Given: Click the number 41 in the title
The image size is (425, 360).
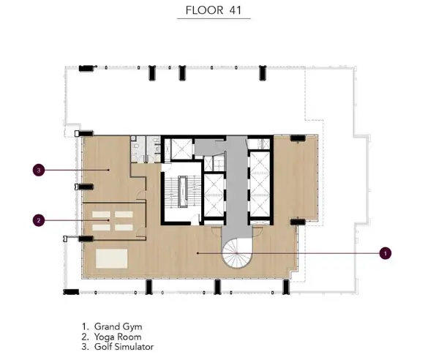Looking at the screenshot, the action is point(236,10).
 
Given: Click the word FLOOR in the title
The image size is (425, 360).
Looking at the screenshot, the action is point(204,10).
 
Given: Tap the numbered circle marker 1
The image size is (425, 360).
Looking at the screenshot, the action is point(385,253).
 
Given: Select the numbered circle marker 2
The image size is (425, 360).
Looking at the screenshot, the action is point(39,220).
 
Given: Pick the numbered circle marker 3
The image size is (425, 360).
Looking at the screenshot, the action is point(39,170).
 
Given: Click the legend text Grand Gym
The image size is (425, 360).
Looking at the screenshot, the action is point(119,327).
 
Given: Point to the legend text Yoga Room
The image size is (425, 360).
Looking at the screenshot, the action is point(118,337).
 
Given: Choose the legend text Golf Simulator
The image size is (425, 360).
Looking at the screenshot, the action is point(124,347).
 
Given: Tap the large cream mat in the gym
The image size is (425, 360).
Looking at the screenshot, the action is point(111,258).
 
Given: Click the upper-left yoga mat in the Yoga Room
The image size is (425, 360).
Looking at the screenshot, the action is point(101,214).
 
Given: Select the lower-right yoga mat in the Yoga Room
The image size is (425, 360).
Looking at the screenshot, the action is point(124,228).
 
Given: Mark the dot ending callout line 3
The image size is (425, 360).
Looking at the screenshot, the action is point(108,170).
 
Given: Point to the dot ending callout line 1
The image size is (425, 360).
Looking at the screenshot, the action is point(198,253).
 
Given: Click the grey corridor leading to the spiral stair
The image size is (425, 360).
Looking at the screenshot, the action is point(237,187).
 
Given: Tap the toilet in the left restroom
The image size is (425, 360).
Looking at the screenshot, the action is point(136,146).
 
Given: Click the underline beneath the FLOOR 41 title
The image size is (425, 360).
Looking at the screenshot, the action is point(214,19).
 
